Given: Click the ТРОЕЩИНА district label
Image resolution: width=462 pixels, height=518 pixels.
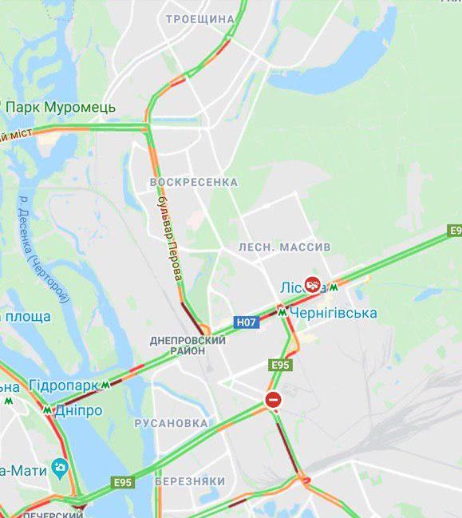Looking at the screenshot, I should tap(200, 19).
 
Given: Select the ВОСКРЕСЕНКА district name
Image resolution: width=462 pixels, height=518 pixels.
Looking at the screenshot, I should tap(194, 182).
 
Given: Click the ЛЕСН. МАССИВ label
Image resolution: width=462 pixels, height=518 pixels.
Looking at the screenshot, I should tap(284, 247).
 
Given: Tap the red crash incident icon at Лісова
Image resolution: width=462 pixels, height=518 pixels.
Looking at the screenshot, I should tap(313, 285).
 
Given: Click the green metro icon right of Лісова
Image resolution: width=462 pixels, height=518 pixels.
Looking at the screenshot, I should tap(334, 287).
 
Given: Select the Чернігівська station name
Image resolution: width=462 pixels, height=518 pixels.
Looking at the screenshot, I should tap(333, 313).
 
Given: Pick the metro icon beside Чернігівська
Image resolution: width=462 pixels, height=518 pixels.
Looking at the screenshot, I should tap(282, 312).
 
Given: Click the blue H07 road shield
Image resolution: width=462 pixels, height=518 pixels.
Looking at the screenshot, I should tap(246, 322).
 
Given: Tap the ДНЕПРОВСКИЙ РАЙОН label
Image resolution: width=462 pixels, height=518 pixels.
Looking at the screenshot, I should tap(188, 346).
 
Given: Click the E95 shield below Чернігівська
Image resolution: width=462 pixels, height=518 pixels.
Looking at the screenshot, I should tap(281, 365).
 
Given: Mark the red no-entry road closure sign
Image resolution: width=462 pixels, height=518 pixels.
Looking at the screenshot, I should tap(273, 400).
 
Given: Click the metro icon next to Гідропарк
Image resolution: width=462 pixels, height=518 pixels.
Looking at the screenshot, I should tap(105, 385).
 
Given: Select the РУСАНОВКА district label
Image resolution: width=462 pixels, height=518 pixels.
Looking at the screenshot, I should tap(171, 423).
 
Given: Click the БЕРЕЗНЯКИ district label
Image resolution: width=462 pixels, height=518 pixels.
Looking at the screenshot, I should tap(190, 481).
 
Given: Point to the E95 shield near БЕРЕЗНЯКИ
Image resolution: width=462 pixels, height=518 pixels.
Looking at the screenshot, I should tap(123, 482).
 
